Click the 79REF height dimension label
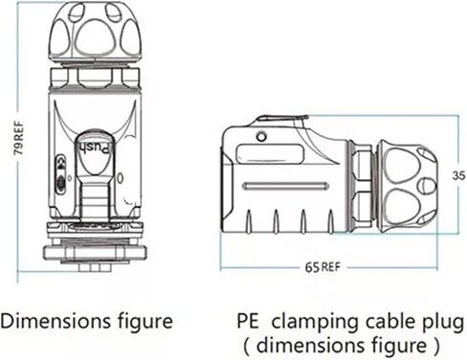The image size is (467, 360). click(x=18, y=138)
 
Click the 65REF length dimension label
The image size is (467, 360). click(x=322, y=267)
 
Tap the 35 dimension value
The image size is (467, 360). click(x=458, y=175)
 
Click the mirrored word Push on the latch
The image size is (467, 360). click(x=96, y=148)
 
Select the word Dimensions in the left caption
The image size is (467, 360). click(x=56, y=321)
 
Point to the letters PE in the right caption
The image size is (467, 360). click(x=248, y=321)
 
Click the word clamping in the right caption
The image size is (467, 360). click(x=316, y=323)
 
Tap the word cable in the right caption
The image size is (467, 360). click(x=391, y=321)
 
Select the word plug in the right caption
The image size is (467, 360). click(x=443, y=323)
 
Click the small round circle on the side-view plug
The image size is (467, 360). click(x=261, y=137)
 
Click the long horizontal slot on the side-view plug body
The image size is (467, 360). click(x=285, y=186)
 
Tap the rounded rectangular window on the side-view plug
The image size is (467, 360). click(x=270, y=154)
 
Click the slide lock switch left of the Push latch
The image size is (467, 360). click(x=60, y=174)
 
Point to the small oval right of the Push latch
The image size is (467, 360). click(x=120, y=178)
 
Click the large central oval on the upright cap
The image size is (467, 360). click(x=95, y=37)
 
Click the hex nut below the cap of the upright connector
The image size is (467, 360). click(x=95, y=78)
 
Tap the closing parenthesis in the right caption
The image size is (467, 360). click(x=435, y=347)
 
